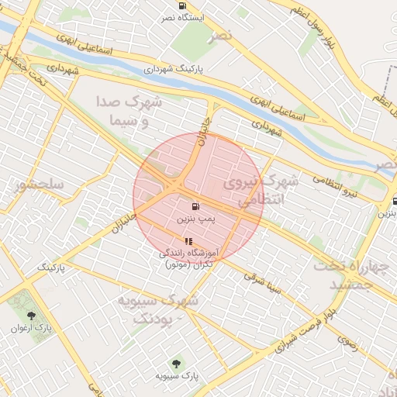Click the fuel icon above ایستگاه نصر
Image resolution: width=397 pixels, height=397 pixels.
181,5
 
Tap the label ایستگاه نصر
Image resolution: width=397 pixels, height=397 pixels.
181,17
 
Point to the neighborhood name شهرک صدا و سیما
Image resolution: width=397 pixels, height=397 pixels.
129,111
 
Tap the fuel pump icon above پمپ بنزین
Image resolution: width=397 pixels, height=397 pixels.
195,206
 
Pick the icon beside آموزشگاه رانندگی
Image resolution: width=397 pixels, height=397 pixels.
188,241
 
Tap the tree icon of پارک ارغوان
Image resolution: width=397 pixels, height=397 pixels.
32,316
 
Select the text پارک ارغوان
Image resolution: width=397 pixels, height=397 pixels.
32,328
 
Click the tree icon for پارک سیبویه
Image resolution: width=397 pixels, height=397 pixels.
178,363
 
